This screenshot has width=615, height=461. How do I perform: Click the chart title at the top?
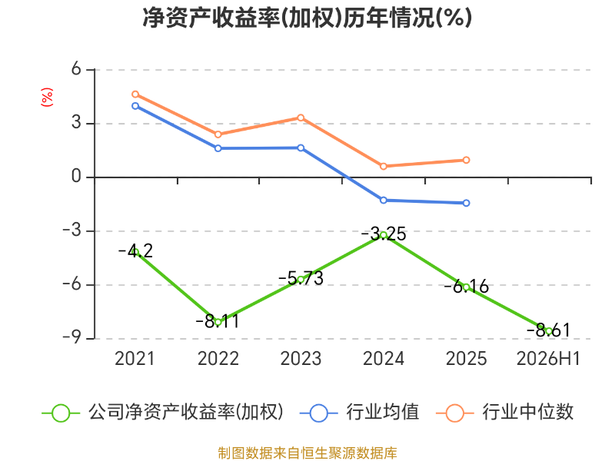coord(307,18)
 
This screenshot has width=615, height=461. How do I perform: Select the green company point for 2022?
coord(218,322)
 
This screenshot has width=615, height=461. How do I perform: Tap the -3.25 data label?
coord(384,234)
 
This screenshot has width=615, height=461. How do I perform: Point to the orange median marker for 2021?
coord(135,95)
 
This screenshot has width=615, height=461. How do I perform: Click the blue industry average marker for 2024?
coord(384,201)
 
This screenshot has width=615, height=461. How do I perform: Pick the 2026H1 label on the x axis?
coord(548,359)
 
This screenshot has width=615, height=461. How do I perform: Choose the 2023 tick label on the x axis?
coord(301,359)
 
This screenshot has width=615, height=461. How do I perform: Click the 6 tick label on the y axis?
coord(76,69)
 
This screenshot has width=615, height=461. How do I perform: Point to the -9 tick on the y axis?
coord(71,338)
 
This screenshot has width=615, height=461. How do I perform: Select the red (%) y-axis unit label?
coord(47,97)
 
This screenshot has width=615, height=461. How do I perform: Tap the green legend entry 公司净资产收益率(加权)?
coord(162,413)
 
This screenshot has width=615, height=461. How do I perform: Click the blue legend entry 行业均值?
coord(359,413)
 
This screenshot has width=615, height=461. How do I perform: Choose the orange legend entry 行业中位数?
coord(505,413)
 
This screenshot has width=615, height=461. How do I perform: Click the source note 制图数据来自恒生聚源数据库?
coord(307,453)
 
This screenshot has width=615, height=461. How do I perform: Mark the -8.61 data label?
coord(548,330)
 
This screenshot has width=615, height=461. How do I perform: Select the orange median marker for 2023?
coord(301,118)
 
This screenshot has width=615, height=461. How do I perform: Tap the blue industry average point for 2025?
coord(467,203)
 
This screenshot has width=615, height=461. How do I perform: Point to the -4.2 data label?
coord(135,251)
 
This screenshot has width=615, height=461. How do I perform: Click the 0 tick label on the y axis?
coord(76,177)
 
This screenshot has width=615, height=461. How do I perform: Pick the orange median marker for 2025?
coord(467,160)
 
